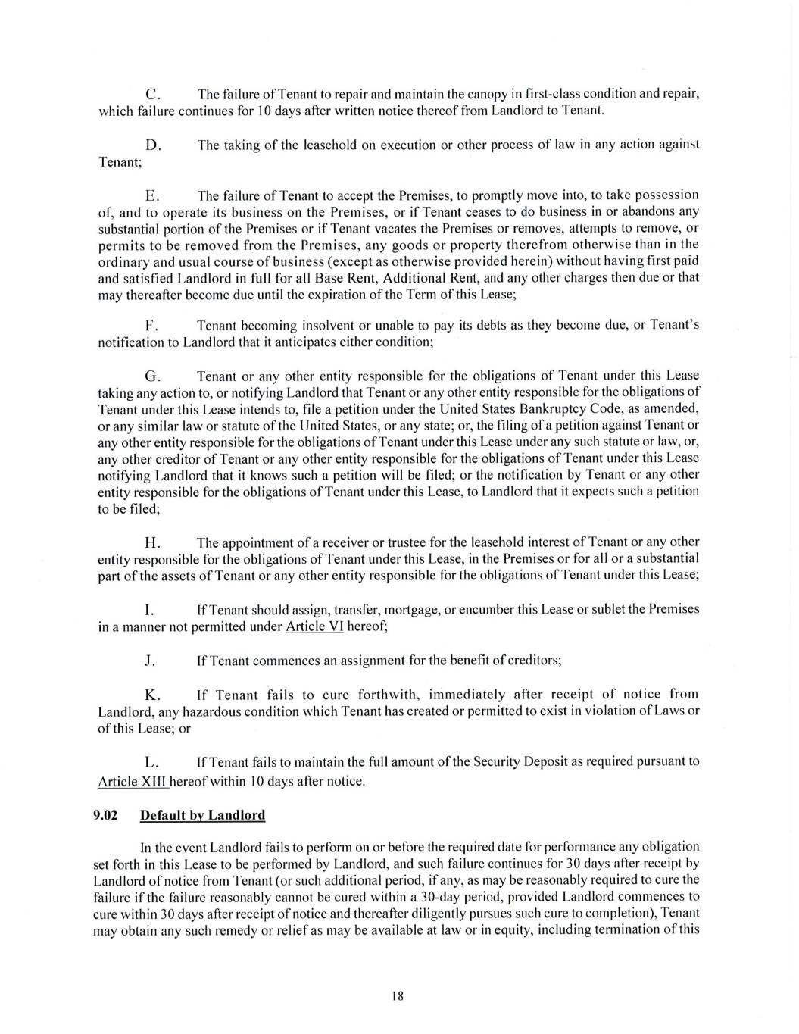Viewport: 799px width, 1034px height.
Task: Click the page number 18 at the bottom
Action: pyautogui.click(x=398, y=996)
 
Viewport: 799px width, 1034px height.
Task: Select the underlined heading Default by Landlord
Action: pyautogui.click(x=203, y=815)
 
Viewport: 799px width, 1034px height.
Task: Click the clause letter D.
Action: pyautogui.click(x=151, y=145)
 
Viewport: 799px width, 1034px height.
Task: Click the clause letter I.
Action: pyautogui.click(x=148, y=610)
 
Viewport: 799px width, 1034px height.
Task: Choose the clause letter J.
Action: pyautogui.click(x=149, y=660)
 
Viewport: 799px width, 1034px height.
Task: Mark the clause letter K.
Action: pyautogui.click(x=151, y=695)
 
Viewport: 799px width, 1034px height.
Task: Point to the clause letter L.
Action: pyautogui.click(x=151, y=761)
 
